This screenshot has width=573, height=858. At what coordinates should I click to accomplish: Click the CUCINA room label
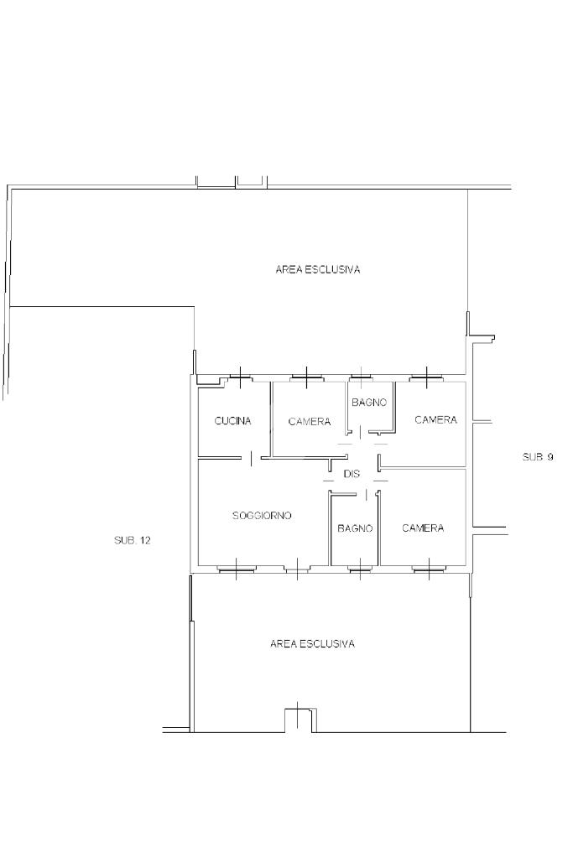pos(232,421)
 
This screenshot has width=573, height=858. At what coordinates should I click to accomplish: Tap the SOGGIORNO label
pos(262,516)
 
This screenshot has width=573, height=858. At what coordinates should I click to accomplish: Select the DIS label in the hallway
pos(352,474)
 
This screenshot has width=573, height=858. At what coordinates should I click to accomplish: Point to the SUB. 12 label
pos(133,540)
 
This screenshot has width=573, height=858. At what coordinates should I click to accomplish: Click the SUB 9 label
pos(538,457)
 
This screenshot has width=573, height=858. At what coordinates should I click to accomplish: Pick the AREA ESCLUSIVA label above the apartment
pos(318,269)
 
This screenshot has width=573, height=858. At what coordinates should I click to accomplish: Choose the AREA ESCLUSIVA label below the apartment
pos(312,643)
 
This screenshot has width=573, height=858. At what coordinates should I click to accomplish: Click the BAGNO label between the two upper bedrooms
pos(369,403)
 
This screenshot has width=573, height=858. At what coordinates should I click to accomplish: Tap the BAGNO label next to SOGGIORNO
pos(355,528)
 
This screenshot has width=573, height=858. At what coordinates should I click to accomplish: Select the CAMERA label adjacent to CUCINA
pos(310,421)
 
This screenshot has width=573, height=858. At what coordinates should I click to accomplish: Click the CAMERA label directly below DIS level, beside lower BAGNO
pos(423,528)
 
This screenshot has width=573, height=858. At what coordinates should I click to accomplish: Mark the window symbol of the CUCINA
pos(240,377)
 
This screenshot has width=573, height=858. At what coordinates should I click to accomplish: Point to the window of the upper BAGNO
pos(361,377)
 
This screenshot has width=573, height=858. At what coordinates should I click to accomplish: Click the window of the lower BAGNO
pos(360,569)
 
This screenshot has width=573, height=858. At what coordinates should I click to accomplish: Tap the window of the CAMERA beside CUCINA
pos(306,377)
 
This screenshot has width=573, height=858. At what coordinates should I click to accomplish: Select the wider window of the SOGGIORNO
pos(236,569)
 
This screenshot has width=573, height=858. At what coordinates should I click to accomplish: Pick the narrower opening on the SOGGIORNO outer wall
pos(297,569)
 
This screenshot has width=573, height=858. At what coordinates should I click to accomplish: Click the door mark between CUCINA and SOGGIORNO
pos(251,458)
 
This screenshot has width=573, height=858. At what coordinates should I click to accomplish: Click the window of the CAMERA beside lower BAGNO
pos(429,569)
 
